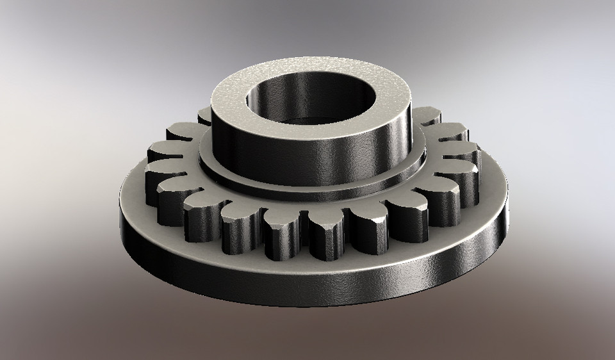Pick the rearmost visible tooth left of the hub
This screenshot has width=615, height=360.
[x=204, y=115]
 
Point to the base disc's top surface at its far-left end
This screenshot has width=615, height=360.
[x=131, y=192]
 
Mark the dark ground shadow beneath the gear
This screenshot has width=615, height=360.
[x=307, y=320]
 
